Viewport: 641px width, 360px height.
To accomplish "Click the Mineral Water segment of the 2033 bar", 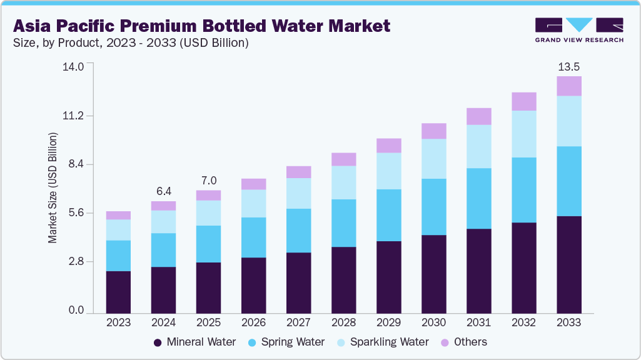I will coord(569,264).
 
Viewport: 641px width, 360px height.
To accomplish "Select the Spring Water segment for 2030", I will coord(433,207).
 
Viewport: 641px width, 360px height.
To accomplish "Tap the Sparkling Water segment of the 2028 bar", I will coord(343,182).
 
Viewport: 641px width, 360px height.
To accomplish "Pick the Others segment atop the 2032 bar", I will coord(524,101).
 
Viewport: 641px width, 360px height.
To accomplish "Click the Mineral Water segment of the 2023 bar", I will coord(118,292).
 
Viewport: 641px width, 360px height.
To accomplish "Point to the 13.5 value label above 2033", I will coord(569,66).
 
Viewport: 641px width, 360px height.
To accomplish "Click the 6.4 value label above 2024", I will coord(164,191).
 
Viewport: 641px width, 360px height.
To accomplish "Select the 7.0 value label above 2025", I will coord(208,181).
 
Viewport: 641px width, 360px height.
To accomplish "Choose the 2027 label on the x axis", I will coord(298,323).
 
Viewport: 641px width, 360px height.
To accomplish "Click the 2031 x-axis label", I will coord(478,323).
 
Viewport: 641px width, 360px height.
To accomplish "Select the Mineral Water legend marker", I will coord(158,342).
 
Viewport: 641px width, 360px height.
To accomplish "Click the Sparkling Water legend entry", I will coord(382,342).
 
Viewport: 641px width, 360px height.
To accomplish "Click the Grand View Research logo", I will coord(579,29).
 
